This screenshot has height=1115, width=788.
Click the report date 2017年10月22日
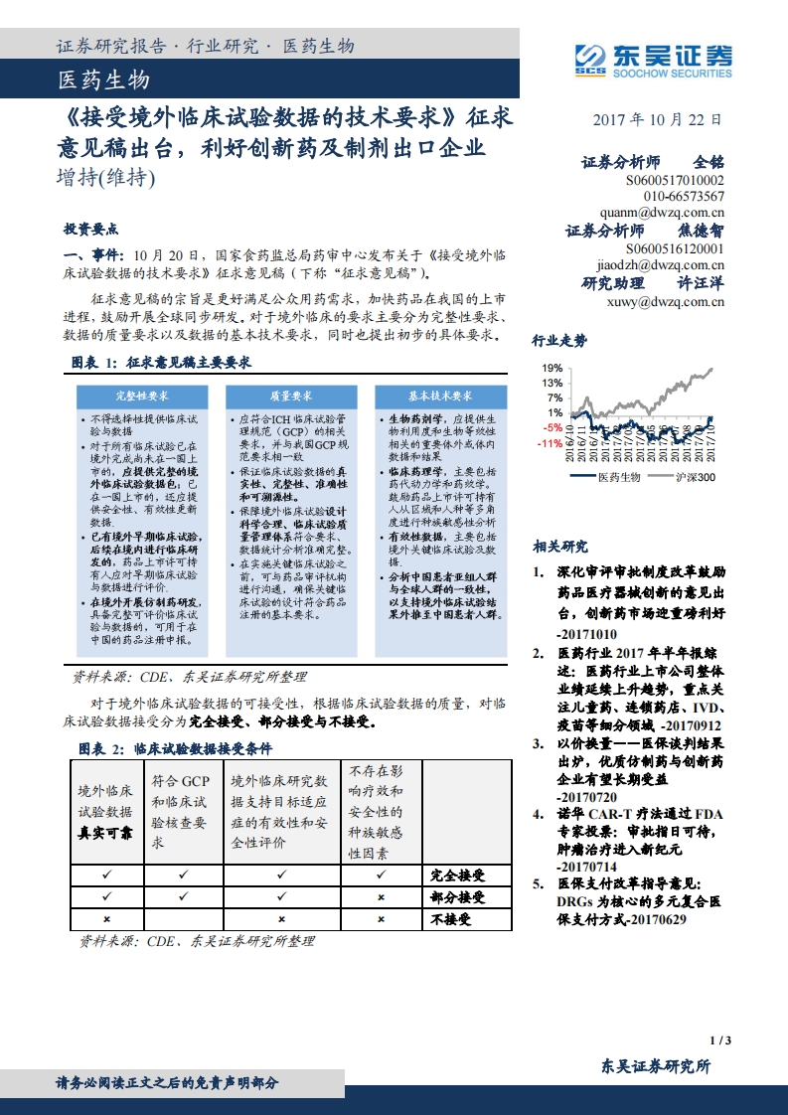pos(656,119)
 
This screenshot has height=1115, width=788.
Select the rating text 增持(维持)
pos(106,179)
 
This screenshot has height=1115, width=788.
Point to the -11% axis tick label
pos(550,444)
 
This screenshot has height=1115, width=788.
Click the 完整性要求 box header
pos(139,395)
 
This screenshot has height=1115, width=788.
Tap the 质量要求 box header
pos(289,395)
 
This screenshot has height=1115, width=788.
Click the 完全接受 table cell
pos(458,876)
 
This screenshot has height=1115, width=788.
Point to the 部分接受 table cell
pos(458,897)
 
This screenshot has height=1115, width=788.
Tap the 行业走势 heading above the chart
pos(559,341)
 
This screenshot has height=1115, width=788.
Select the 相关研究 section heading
pos(559,546)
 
